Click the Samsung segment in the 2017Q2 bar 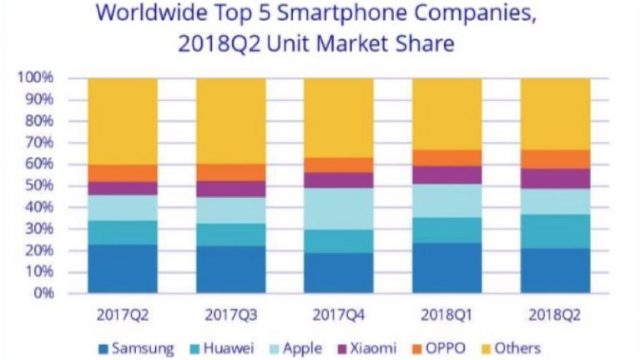(123, 268)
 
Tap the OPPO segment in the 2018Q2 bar (555, 159)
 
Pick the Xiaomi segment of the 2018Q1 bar (447, 175)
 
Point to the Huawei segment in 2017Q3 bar (231, 235)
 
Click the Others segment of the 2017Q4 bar (339, 118)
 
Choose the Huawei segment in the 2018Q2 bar (555, 231)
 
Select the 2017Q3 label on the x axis (231, 316)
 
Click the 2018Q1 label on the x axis (447, 316)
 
